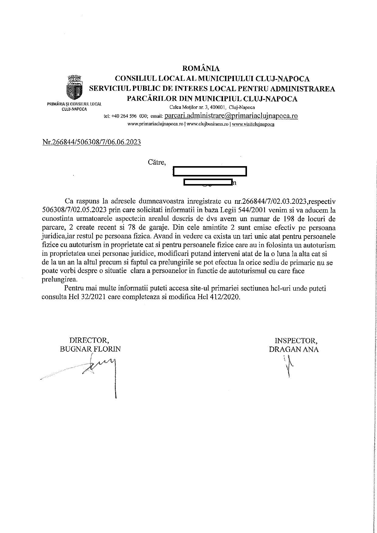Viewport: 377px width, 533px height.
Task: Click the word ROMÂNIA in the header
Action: (x=200, y=68)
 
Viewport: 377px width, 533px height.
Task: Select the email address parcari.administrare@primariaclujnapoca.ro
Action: (x=231, y=116)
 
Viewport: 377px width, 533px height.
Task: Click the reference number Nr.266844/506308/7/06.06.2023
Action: (x=91, y=142)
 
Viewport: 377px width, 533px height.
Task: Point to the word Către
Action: (x=157, y=162)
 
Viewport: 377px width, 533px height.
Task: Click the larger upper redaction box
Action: (x=210, y=171)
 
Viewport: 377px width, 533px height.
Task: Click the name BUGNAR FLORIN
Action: (x=90, y=349)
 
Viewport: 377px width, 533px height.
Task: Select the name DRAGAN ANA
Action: (x=294, y=349)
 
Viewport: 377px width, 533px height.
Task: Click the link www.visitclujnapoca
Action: (x=253, y=124)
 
